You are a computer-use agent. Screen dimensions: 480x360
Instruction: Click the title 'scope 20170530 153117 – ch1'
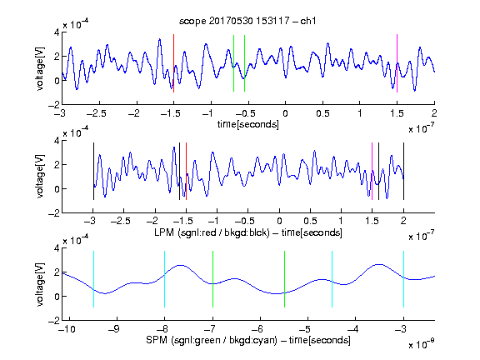point(247,21)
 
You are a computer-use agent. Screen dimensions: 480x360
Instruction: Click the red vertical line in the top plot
point(174,63)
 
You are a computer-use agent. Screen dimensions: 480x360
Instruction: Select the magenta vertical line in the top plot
point(397,63)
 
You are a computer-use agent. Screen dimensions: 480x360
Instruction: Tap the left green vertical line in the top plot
point(233,63)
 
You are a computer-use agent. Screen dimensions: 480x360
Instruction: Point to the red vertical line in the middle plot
point(186,172)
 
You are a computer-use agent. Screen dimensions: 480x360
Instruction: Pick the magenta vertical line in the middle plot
point(372,172)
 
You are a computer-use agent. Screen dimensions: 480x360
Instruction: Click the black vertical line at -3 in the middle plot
point(93,172)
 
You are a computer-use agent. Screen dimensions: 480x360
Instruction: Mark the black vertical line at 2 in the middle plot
point(403,172)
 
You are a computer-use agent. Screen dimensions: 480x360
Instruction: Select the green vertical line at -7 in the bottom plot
point(212,279)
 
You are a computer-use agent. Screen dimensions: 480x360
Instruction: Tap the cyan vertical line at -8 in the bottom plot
point(165,279)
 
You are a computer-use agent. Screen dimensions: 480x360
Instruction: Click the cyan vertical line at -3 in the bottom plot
point(403,279)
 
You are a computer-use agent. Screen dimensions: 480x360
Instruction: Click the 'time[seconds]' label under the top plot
point(248,124)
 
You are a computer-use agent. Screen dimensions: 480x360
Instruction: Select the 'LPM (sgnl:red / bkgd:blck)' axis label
point(212,232)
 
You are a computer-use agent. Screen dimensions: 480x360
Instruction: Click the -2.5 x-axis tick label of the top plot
point(96,113)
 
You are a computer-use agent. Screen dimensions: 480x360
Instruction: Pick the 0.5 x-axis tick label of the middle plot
point(310,221)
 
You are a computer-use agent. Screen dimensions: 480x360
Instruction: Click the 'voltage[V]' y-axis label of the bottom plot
point(40,284)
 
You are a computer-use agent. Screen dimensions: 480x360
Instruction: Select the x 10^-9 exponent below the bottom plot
point(421,344)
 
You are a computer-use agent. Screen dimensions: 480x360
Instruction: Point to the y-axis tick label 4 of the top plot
point(57,32)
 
